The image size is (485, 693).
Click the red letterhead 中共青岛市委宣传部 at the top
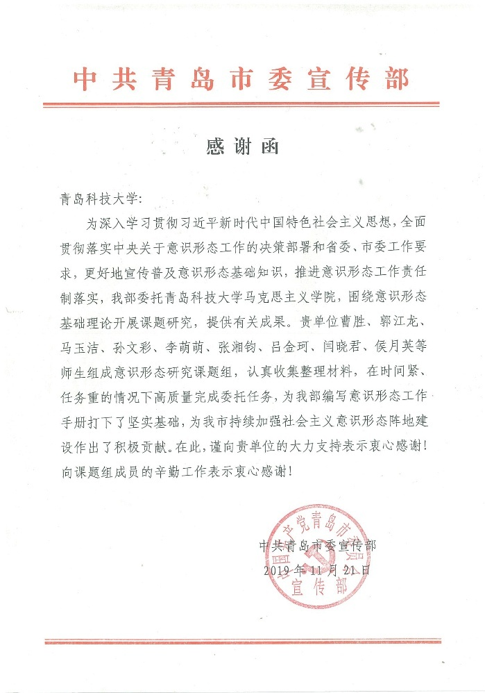click(x=241, y=80)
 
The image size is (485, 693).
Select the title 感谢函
click(x=242, y=147)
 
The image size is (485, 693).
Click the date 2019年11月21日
click(x=318, y=570)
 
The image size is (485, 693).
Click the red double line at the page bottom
click(x=241, y=642)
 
